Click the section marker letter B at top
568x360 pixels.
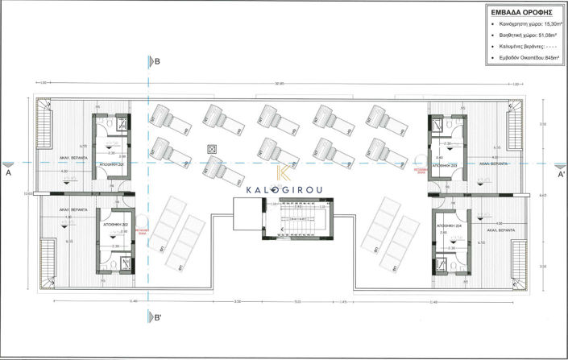[158, 61]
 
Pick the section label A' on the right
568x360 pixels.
[561, 172]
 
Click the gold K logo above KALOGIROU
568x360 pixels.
[284, 173]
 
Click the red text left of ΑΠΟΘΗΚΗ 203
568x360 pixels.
[419, 171]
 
